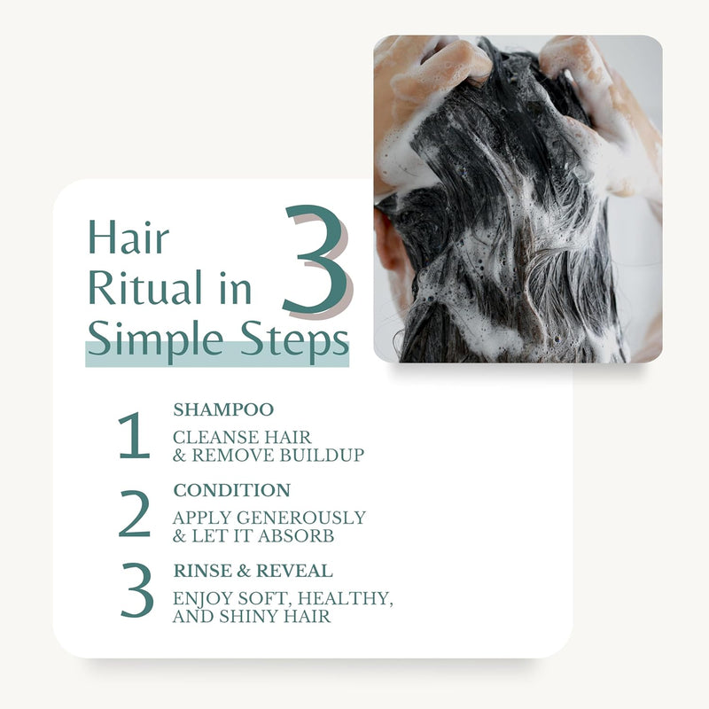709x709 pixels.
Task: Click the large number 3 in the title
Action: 315,261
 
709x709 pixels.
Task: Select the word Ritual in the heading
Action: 143,290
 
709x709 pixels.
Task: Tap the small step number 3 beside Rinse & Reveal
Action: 136,593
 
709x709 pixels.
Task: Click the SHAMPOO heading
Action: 223,409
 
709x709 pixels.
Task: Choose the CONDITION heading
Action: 231,490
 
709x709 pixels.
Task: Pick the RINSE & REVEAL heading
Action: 253,570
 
